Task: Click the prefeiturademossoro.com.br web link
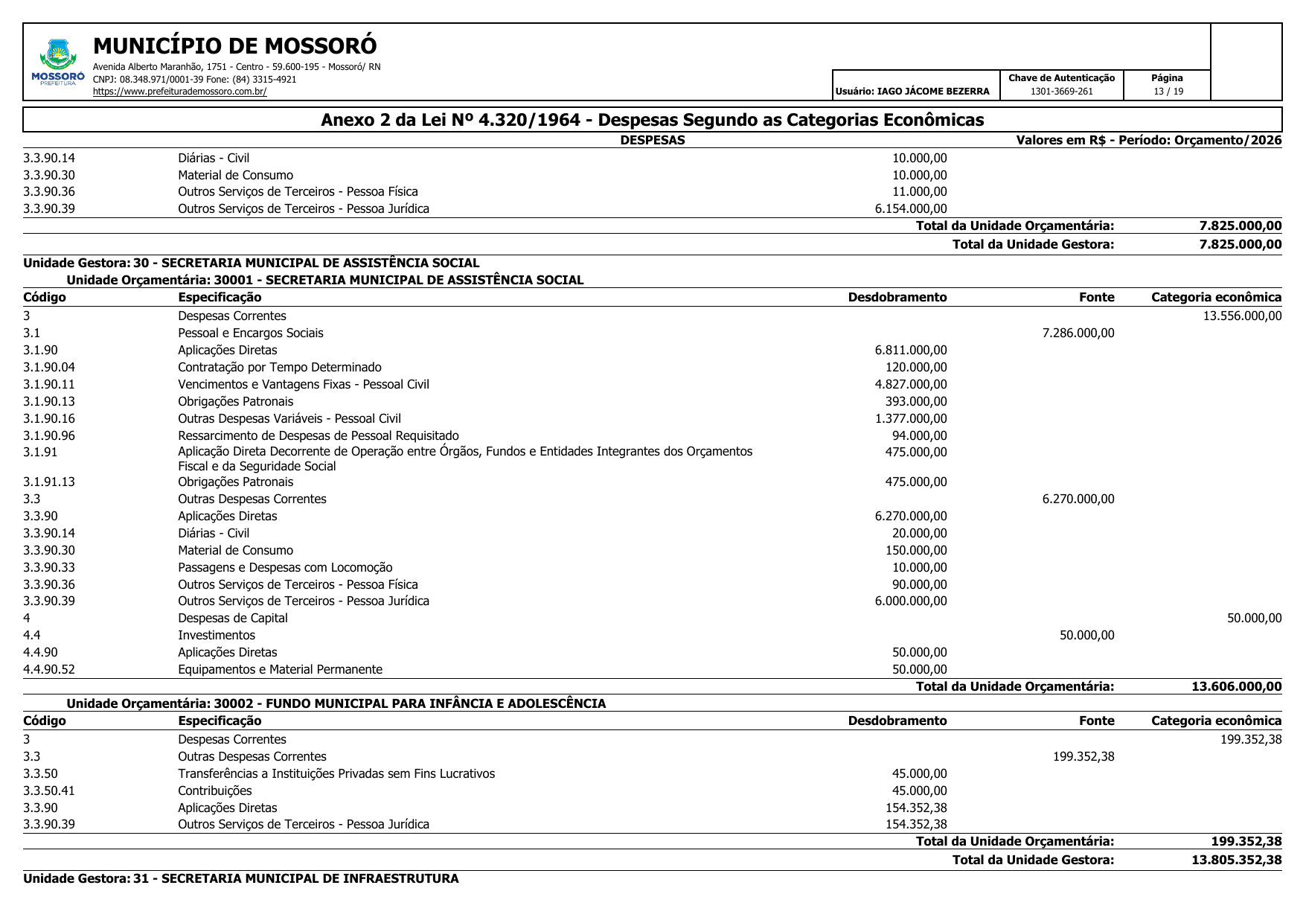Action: [179, 92]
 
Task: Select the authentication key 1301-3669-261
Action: [1061, 92]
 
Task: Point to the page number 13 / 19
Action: [1168, 92]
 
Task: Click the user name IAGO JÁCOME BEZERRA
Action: [933, 92]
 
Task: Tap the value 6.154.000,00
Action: [911, 209]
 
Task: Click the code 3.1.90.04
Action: [49, 368]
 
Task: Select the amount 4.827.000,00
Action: [911, 385]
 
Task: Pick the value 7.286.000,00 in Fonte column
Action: [1078, 333]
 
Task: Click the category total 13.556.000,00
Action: [1242, 316]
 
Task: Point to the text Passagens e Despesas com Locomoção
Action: [285, 568]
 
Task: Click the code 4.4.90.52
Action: [49, 670]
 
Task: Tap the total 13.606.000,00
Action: [1236, 687]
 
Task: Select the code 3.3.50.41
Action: [49, 791]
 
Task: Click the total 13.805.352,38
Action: [1236, 860]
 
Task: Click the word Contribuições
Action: [215, 791]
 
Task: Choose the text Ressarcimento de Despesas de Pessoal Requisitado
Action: [319, 436]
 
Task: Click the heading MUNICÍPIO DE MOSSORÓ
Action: [235, 46]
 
